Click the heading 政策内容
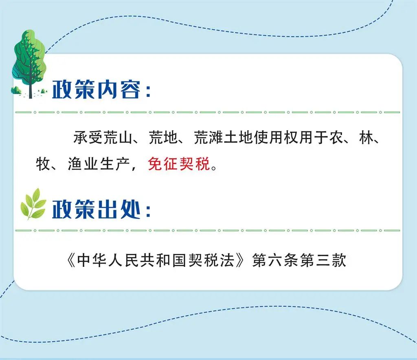(x=96, y=89)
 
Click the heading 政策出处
(x=96, y=209)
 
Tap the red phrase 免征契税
(x=179, y=164)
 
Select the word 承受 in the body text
(x=88, y=137)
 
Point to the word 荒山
(x=118, y=137)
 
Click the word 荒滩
(x=208, y=137)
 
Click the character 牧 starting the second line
(x=43, y=164)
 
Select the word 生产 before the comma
(x=114, y=164)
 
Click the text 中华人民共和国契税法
(x=156, y=260)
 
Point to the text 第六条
(x=276, y=260)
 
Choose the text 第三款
(x=323, y=260)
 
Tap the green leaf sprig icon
(x=33, y=204)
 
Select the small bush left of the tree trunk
(x=16, y=90)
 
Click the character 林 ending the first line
(x=366, y=137)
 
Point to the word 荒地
(x=163, y=137)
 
